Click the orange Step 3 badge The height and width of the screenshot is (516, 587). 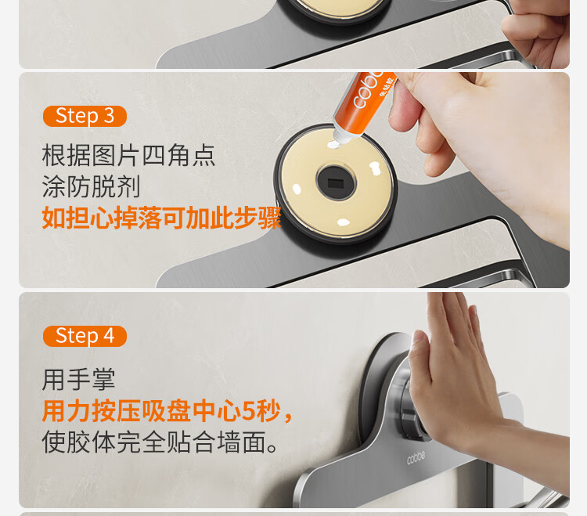(x=85, y=116)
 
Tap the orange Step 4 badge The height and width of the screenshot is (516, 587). (x=85, y=336)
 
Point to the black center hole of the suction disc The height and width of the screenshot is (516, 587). (x=336, y=183)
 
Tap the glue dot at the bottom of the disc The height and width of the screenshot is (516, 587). (x=343, y=222)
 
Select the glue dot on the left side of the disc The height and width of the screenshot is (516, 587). (x=297, y=189)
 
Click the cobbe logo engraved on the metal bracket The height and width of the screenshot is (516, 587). (x=416, y=457)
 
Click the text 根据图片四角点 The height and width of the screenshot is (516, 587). (x=128, y=155)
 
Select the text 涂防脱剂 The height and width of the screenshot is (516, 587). (x=91, y=186)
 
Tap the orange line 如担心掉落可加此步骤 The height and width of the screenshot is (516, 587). (x=161, y=218)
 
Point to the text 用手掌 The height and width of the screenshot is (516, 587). (x=78, y=380)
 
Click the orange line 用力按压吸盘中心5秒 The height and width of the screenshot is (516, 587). (x=161, y=411)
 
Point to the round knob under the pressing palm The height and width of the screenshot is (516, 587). (x=408, y=404)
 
